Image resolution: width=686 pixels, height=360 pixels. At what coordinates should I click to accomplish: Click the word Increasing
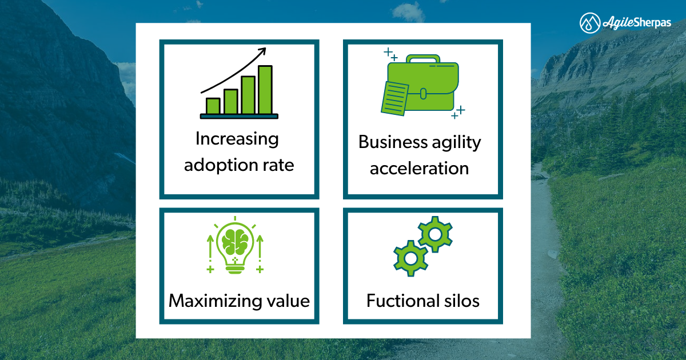click(237, 139)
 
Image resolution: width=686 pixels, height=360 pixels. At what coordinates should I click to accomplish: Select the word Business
click(393, 142)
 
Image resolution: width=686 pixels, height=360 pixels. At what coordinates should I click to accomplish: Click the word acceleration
click(419, 169)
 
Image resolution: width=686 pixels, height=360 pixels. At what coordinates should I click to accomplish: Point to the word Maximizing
click(216, 301)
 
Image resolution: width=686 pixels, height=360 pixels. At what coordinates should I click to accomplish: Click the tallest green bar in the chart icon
click(265, 90)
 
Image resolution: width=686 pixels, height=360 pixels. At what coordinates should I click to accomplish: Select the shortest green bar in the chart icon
click(213, 106)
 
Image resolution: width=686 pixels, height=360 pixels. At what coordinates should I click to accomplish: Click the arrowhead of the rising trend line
click(263, 51)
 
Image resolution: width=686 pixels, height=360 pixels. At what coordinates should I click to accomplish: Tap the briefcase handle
click(423, 58)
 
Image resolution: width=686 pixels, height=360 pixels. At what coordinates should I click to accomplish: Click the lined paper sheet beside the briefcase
click(395, 98)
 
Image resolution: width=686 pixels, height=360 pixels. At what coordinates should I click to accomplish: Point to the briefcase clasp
click(423, 94)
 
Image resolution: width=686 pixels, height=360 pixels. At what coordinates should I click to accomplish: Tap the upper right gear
click(435, 234)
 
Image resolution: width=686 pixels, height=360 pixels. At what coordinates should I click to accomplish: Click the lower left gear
click(410, 258)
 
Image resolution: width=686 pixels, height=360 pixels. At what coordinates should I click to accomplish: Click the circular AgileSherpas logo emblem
click(590, 23)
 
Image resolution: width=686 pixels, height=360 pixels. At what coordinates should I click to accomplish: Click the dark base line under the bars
click(239, 117)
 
